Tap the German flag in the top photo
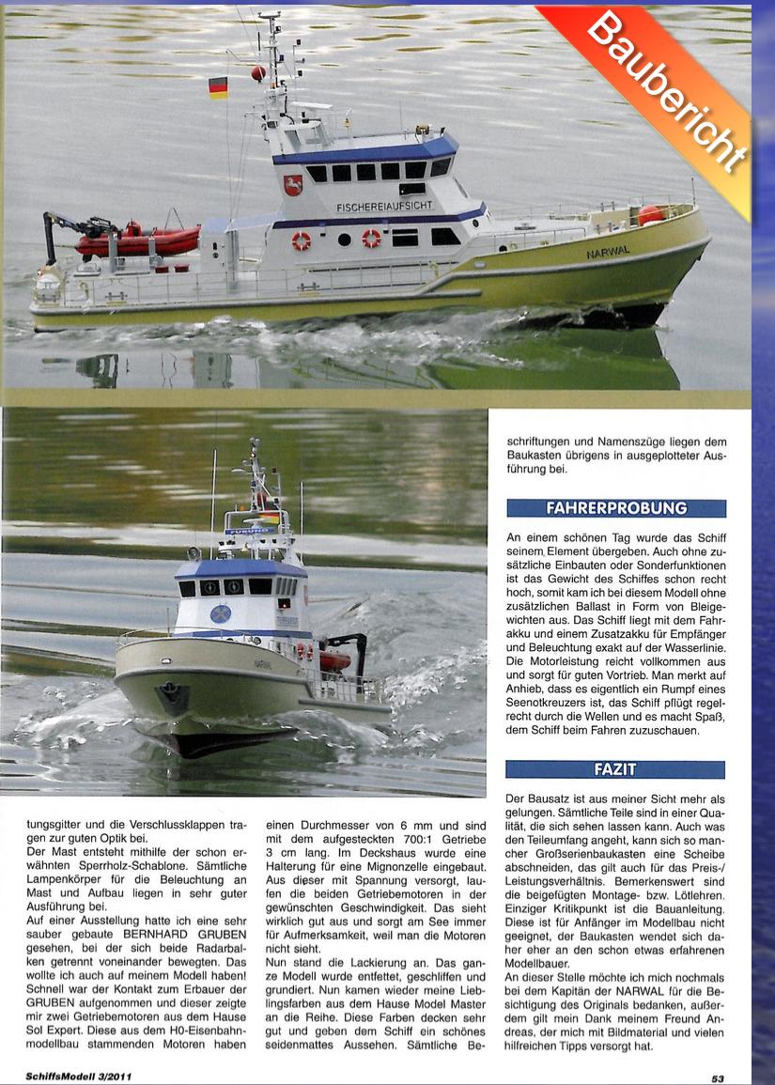218,88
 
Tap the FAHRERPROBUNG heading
616,508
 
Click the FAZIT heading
615,769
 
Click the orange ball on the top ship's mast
258,72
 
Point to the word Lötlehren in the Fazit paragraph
698,875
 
